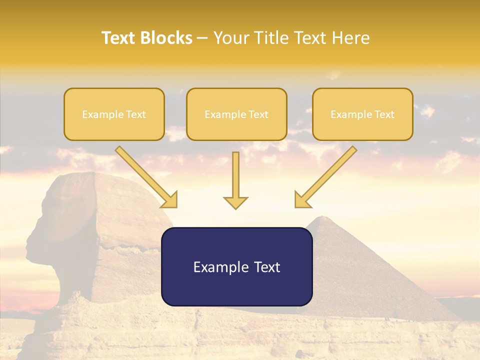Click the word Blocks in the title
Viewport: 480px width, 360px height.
point(166,38)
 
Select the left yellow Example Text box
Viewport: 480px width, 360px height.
point(114,114)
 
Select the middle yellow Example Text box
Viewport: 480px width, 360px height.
point(236,114)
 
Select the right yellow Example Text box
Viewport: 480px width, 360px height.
point(362,114)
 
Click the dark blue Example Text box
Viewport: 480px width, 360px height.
point(236,267)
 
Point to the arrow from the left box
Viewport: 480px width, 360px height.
point(145,175)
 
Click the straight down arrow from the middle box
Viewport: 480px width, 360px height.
point(235,177)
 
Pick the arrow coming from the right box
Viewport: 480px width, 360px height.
point(327,175)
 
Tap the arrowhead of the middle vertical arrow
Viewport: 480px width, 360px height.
point(235,202)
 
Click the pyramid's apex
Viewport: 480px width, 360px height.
point(325,217)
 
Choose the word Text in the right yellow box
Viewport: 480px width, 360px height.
point(384,114)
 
